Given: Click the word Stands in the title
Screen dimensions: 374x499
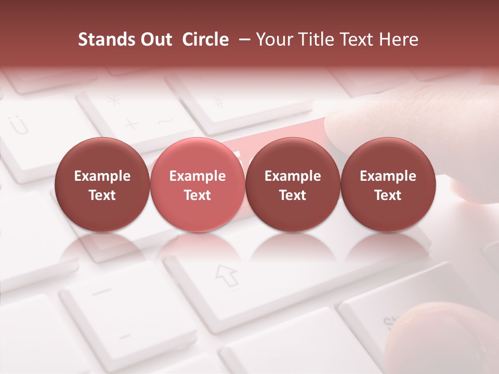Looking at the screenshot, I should [x=104, y=39].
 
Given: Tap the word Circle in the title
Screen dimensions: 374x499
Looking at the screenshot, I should [x=205, y=39].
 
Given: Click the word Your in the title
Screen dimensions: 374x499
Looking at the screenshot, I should [x=274, y=39].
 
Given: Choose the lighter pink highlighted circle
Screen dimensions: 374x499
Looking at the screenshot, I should [x=198, y=185].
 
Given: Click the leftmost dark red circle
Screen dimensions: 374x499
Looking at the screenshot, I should [x=102, y=185].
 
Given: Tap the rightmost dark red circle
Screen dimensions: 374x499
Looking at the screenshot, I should [x=388, y=185].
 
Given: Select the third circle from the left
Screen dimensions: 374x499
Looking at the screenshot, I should [x=293, y=185].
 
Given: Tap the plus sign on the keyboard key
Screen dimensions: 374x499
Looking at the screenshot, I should [x=131, y=125].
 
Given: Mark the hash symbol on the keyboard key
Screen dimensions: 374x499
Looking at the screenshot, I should [x=219, y=102].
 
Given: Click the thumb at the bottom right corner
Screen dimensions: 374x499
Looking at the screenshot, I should [x=442, y=338].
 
